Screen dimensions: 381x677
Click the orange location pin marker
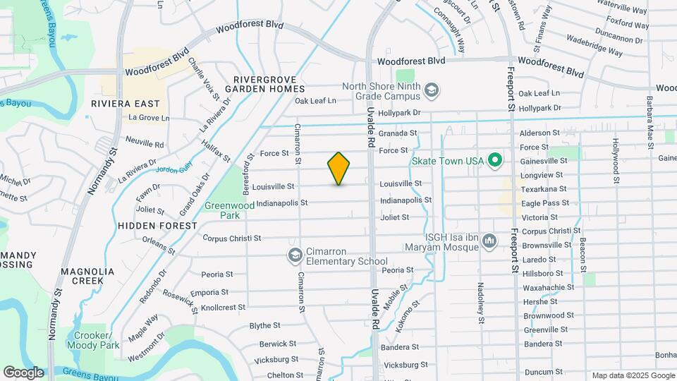pyautogui.click(x=339, y=168)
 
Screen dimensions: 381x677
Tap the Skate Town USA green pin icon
pyautogui.click(x=494, y=161)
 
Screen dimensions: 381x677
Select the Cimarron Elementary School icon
pyautogui.click(x=295, y=254)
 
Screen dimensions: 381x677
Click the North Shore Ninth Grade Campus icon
pyautogui.click(x=432, y=90)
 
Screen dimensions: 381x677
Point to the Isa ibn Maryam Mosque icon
pyautogui.click(x=489, y=242)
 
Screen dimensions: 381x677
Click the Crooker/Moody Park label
pyautogui.click(x=93, y=340)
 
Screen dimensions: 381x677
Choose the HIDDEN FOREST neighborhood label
pyautogui.click(x=158, y=226)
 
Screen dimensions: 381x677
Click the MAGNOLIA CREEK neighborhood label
pyautogui.click(x=87, y=276)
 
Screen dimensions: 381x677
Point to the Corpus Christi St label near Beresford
pyautogui.click(x=232, y=238)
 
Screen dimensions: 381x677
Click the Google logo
pyautogui.click(x=23, y=372)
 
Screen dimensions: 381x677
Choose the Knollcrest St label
pyautogui.click(x=223, y=308)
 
